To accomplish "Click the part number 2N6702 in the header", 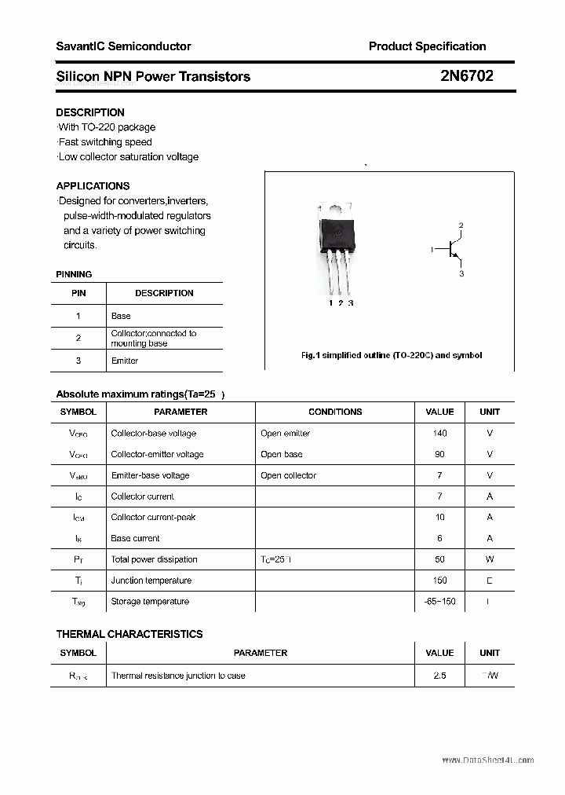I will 467,76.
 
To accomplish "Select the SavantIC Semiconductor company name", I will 123,46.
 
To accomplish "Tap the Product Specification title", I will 427,46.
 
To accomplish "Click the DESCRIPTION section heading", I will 90,112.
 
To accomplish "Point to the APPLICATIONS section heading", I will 93,186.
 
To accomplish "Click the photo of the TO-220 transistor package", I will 336,244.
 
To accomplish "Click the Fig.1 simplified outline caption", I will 392,355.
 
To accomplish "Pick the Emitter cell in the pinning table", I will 125,361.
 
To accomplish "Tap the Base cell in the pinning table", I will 121,316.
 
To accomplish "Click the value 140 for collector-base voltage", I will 439,433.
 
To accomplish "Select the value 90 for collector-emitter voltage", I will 439,454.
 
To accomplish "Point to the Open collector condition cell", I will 288,475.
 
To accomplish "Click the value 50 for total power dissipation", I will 439,559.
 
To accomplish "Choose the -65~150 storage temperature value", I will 439,602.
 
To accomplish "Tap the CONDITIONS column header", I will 335,412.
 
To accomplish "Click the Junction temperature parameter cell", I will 151,581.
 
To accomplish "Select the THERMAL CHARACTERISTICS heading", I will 129,634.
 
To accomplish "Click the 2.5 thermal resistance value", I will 439,676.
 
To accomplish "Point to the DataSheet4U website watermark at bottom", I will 487,760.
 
